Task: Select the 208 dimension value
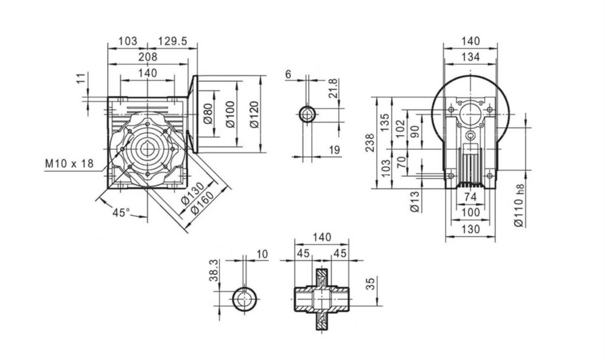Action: [147, 56]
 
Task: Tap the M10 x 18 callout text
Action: [69, 164]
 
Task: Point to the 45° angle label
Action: [121, 212]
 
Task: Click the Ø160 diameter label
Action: [203, 202]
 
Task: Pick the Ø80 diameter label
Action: [208, 114]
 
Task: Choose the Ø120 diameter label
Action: [253, 114]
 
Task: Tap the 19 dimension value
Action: [334, 150]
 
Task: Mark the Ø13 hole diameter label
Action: [415, 202]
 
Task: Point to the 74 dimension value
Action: [470, 196]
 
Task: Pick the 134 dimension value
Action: [470, 56]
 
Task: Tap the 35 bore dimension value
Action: [371, 283]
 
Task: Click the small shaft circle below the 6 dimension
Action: [308, 114]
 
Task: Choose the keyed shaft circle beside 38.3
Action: [245, 298]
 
